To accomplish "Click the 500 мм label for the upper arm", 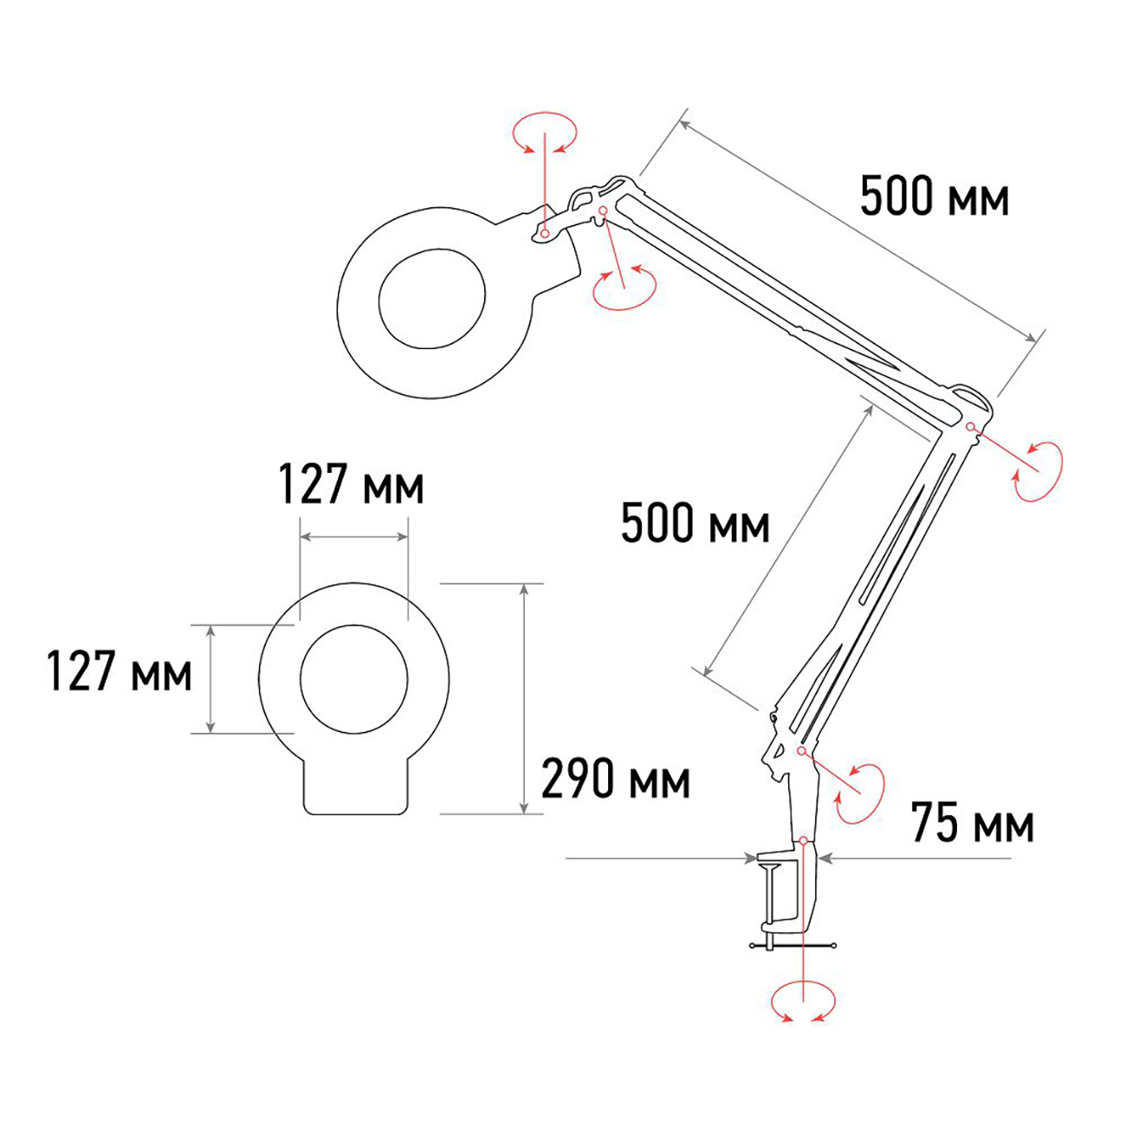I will [934, 197].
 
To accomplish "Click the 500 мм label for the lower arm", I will [695, 524].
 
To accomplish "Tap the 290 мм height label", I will [615, 780].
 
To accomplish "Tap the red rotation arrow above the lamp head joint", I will [544, 133].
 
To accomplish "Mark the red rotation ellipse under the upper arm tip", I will [624, 288].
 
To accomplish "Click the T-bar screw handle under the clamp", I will [793, 944].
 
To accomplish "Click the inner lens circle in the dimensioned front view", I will [353, 677].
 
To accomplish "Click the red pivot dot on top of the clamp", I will [805, 840].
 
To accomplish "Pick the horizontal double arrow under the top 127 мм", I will [353, 537].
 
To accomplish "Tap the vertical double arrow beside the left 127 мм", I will [210, 678].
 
